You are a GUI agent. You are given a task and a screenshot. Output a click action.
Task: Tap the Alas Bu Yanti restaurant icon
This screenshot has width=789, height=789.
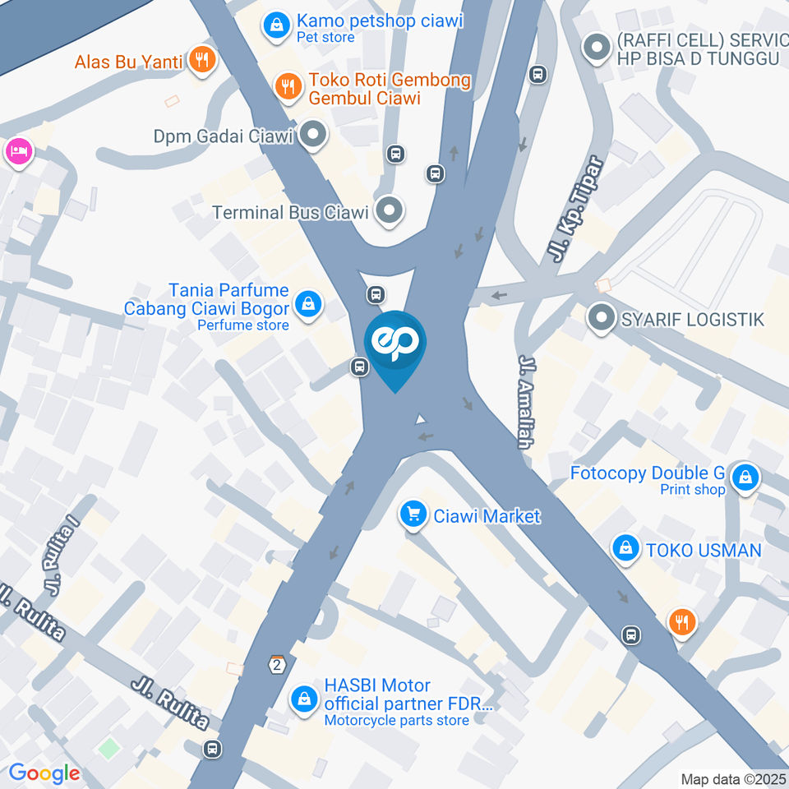click(x=201, y=60)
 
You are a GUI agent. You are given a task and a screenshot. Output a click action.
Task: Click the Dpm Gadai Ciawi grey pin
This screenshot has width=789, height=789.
click(x=312, y=135)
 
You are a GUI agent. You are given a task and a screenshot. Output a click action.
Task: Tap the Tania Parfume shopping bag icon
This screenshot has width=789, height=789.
click(x=307, y=303)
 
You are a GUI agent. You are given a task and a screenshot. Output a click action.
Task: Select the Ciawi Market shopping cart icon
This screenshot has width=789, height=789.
click(x=413, y=515)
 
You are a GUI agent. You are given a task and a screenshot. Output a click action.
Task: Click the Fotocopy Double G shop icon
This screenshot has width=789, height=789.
click(x=745, y=477)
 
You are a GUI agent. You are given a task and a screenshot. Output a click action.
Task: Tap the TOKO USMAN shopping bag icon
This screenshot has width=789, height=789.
click(x=626, y=548)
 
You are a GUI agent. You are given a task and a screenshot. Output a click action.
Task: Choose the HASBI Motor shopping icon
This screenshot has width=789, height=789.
click(x=305, y=699)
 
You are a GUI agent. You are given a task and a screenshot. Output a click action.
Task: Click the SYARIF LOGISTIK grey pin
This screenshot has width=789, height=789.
click(x=602, y=318)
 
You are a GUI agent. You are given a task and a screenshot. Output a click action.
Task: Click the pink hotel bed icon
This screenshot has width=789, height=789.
click(x=17, y=150)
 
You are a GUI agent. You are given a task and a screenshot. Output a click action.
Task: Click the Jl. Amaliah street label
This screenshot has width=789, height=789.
click(x=524, y=402)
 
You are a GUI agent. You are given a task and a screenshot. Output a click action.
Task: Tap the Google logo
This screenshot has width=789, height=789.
click(x=44, y=773)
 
